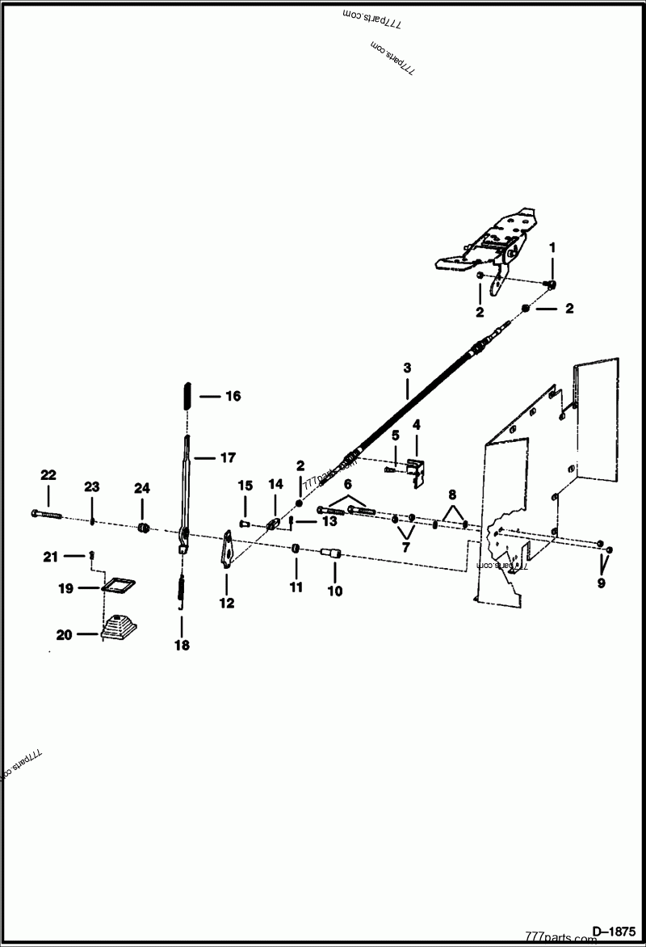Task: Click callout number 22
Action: pyautogui.click(x=48, y=475)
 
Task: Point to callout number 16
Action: pyautogui.click(x=233, y=396)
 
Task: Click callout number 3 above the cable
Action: pyautogui.click(x=407, y=367)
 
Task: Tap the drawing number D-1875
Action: pyautogui.click(x=615, y=929)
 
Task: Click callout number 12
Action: pyautogui.click(x=227, y=603)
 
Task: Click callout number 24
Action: pyautogui.click(x=142, y=488)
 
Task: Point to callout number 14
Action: pyautogui.click(x=276, y=484)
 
